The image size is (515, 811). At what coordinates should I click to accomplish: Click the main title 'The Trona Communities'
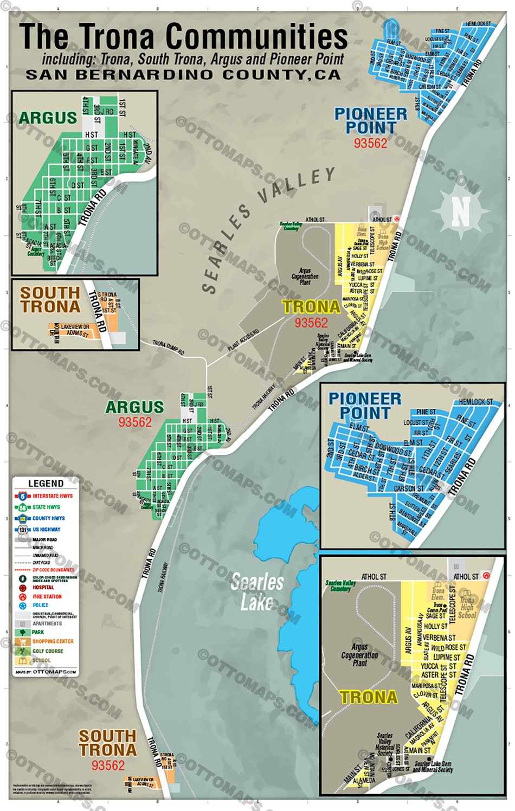coord(183,37)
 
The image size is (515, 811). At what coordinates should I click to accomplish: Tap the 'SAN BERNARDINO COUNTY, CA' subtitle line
coord(183,75)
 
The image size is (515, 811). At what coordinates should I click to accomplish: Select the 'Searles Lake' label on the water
coord(257,592)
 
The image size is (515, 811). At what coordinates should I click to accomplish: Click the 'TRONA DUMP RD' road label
coord(168,347)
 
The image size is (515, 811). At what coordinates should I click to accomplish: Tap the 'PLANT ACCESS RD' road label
coord(243,339)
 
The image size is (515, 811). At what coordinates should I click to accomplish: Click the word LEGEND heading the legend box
coord(46,483)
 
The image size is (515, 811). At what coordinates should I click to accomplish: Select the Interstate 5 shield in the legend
coord(22,496)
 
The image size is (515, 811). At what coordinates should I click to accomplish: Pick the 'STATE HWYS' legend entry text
coord(46,507)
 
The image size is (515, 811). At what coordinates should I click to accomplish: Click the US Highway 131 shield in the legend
coord(22,530)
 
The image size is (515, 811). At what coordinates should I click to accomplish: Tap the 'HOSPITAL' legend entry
coord(43,587)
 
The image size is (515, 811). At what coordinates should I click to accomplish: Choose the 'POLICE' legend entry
coord(41,605)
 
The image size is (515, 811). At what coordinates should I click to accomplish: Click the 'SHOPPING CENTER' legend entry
coord(53,641)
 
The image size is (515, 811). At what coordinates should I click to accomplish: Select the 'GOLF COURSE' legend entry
coord(48,651)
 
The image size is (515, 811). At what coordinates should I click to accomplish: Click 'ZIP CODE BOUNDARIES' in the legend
coord(53,570)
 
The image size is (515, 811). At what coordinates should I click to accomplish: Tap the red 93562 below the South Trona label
coord(108,765)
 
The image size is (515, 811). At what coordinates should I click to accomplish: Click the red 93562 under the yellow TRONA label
coord(311,323)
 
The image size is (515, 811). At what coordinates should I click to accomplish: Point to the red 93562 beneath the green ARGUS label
coord(135,422)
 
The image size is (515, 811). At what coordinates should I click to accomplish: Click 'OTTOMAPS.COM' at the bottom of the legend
coord(54,672)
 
